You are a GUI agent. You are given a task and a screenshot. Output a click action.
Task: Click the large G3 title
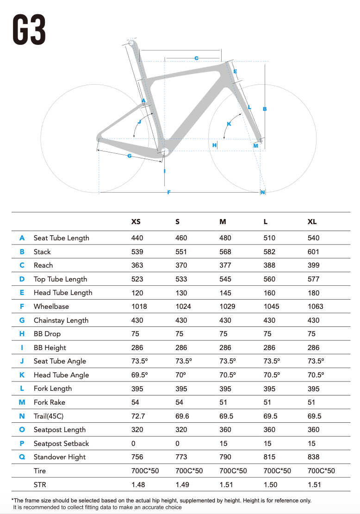coord(29,30)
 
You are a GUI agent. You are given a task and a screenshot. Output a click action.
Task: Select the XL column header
coord(312,222)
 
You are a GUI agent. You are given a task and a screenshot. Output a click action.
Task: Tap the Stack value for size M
coord(225,252)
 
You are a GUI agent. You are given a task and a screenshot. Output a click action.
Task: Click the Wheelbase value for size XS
coord(139,307)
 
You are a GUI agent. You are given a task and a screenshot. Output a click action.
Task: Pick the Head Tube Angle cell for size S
coord(181,375)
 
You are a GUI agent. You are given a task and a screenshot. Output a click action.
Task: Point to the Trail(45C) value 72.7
coord(138,416)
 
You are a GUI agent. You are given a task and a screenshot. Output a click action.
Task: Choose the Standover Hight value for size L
coord(269,457)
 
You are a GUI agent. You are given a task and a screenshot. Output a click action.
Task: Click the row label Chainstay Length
coord(61,320)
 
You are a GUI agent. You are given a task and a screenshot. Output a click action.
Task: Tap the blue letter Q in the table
coord(22,457)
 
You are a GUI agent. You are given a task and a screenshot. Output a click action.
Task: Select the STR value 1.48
coord(138,484)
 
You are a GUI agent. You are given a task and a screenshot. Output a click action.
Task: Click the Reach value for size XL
coord(313,265)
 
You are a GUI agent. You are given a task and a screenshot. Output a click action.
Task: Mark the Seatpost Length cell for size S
coord(181,430)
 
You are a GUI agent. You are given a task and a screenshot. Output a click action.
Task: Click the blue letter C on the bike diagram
coord(197,58)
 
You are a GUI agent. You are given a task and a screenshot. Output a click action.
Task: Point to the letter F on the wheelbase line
coord(169,192)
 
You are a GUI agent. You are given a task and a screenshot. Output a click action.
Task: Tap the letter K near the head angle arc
coord(229,124)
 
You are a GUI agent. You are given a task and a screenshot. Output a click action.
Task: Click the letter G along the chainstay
coord(130,156)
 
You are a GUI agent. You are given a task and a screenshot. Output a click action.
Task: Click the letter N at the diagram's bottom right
coord(263,193)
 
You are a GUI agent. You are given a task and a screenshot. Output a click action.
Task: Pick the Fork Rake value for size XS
coord(135,402)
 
